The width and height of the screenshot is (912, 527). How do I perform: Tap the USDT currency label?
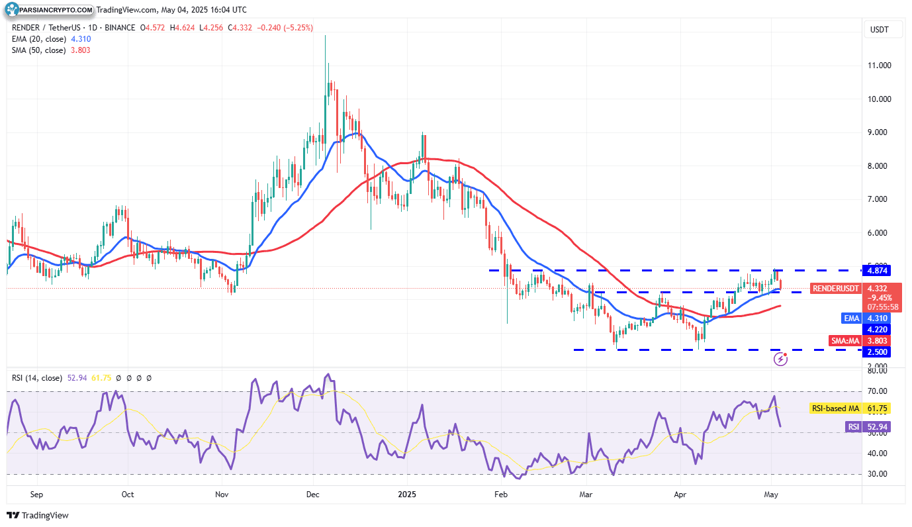878,30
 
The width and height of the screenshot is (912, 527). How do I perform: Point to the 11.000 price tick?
878,66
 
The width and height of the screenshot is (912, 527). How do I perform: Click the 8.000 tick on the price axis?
878,166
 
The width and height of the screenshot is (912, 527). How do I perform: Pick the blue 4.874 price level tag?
877,270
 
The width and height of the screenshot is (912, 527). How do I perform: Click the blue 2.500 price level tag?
877,352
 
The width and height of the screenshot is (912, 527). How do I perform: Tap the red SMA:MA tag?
845,341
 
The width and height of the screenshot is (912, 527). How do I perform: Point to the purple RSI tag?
854,427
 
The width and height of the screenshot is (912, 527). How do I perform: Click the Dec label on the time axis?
313,494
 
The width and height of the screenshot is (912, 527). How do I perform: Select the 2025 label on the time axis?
406,494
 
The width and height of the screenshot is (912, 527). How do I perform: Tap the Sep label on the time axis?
36,494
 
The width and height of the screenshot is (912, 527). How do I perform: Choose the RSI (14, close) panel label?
37,378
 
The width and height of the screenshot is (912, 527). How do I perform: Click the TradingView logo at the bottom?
38,515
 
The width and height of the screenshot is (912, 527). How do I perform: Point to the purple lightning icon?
781,359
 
